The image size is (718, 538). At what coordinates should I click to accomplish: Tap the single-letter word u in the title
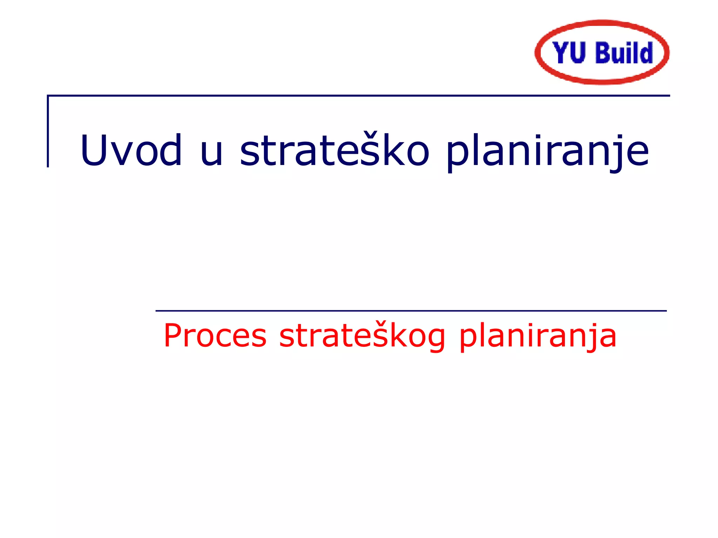click(x=211, y=153)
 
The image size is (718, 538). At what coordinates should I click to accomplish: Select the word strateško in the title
click(x=334, y=150)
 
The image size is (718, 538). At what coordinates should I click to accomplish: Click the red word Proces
click(x=215, y=336)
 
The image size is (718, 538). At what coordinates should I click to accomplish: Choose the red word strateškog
click(x=362, y=336)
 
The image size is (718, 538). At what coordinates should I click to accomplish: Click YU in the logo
click(x=569, y=53)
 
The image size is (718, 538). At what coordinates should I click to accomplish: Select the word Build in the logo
click(x=624, y=53)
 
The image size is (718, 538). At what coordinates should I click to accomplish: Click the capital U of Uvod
click(x=95, y=150)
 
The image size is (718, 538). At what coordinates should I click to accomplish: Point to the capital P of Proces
click(x=173, y=336)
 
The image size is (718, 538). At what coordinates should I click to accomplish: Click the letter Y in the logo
click(x=560, y=53)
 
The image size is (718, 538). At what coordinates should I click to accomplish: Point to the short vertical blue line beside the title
click(x=48, y=131)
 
